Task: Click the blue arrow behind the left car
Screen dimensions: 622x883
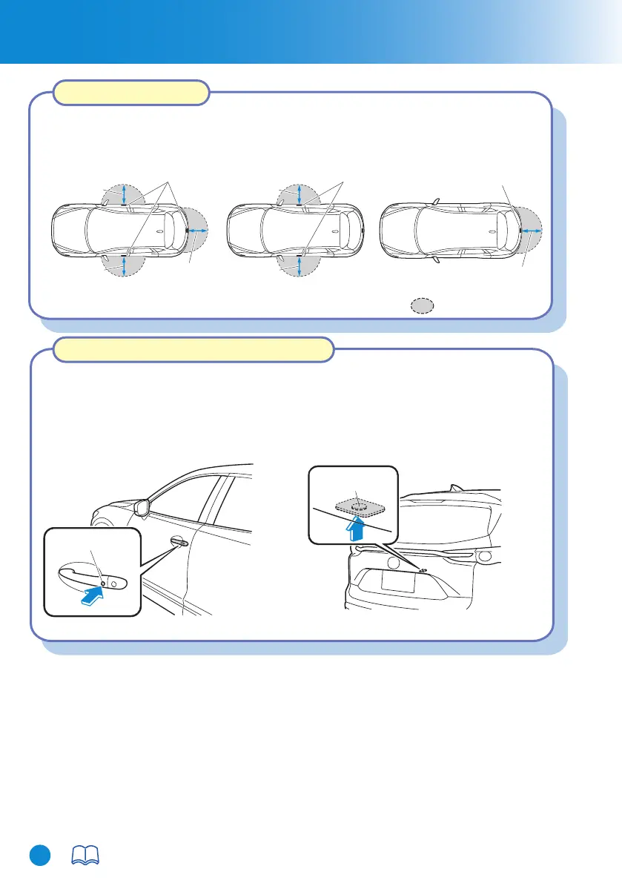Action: click(x=196, y=232)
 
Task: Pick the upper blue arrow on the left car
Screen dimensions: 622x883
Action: click(x=124, y=194)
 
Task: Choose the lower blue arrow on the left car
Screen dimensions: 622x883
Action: click(x=124, y=264)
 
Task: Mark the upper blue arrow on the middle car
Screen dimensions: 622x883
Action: click(x=299, y=194)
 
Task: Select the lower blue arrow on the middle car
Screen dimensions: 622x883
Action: click(x=299, y=265)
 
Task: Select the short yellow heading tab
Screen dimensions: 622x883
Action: click(x=132, y=93)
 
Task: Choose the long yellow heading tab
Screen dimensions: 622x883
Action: click(x=192, y=350)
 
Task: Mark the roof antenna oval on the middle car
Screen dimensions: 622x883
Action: click(x=334, y=231)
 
